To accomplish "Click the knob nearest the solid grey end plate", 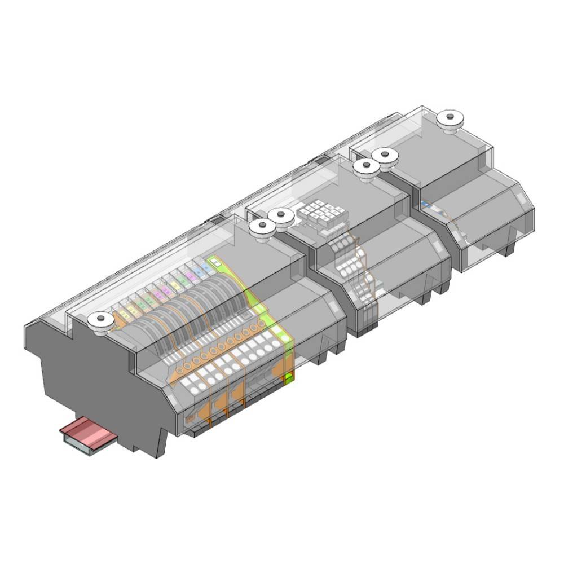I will click(99, 320).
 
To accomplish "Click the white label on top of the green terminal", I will click(214, 262).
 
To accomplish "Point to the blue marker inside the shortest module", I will click(425, 204).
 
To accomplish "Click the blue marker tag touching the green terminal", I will click(204, 267).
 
